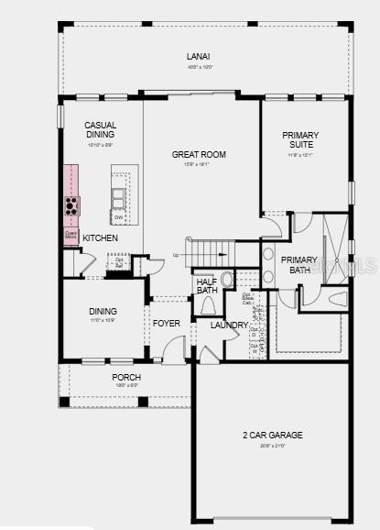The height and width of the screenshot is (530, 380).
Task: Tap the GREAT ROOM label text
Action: pos(199,154)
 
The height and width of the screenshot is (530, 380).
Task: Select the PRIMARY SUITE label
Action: pos(300,139)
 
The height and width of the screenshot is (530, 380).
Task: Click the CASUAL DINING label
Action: pos(100,130)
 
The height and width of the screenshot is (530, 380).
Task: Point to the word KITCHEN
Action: pos(100,238)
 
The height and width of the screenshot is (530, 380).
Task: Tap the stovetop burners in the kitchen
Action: pos(71,204)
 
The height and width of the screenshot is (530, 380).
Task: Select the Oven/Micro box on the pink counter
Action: pos(71,235)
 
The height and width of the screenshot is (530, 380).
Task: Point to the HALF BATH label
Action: pos(206,286)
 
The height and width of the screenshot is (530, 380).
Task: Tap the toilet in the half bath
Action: pos(207,305)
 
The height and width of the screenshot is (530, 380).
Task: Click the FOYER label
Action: pos(166,323)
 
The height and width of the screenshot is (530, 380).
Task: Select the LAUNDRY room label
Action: pos(229,325)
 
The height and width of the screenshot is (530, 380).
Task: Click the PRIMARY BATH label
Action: pos(299,265)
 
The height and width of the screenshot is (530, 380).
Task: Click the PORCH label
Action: pos(126,378)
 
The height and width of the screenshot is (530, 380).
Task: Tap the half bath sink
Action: pos(227,278)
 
